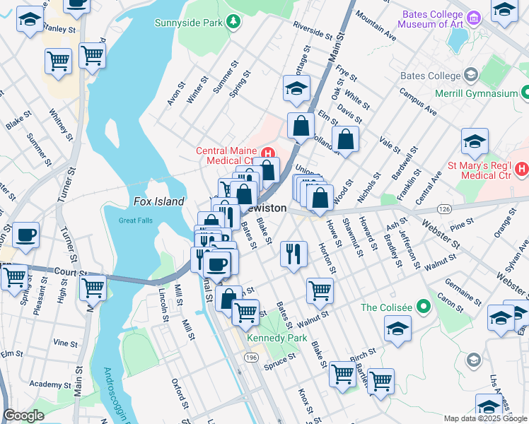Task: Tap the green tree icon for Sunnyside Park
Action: click(x=231, y=22)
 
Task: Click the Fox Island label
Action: click(x=159, y=201)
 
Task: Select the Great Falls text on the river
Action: click(x=136, y=220)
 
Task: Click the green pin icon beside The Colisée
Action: click(x=424, y=307)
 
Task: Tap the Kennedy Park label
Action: click(x=277, y=338)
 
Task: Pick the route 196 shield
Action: click(x=250, y=359)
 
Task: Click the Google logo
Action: click(x=23, y=416)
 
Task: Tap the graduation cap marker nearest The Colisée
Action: click(x=397, y=329)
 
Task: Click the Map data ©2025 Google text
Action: click(x=484, y=418)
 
